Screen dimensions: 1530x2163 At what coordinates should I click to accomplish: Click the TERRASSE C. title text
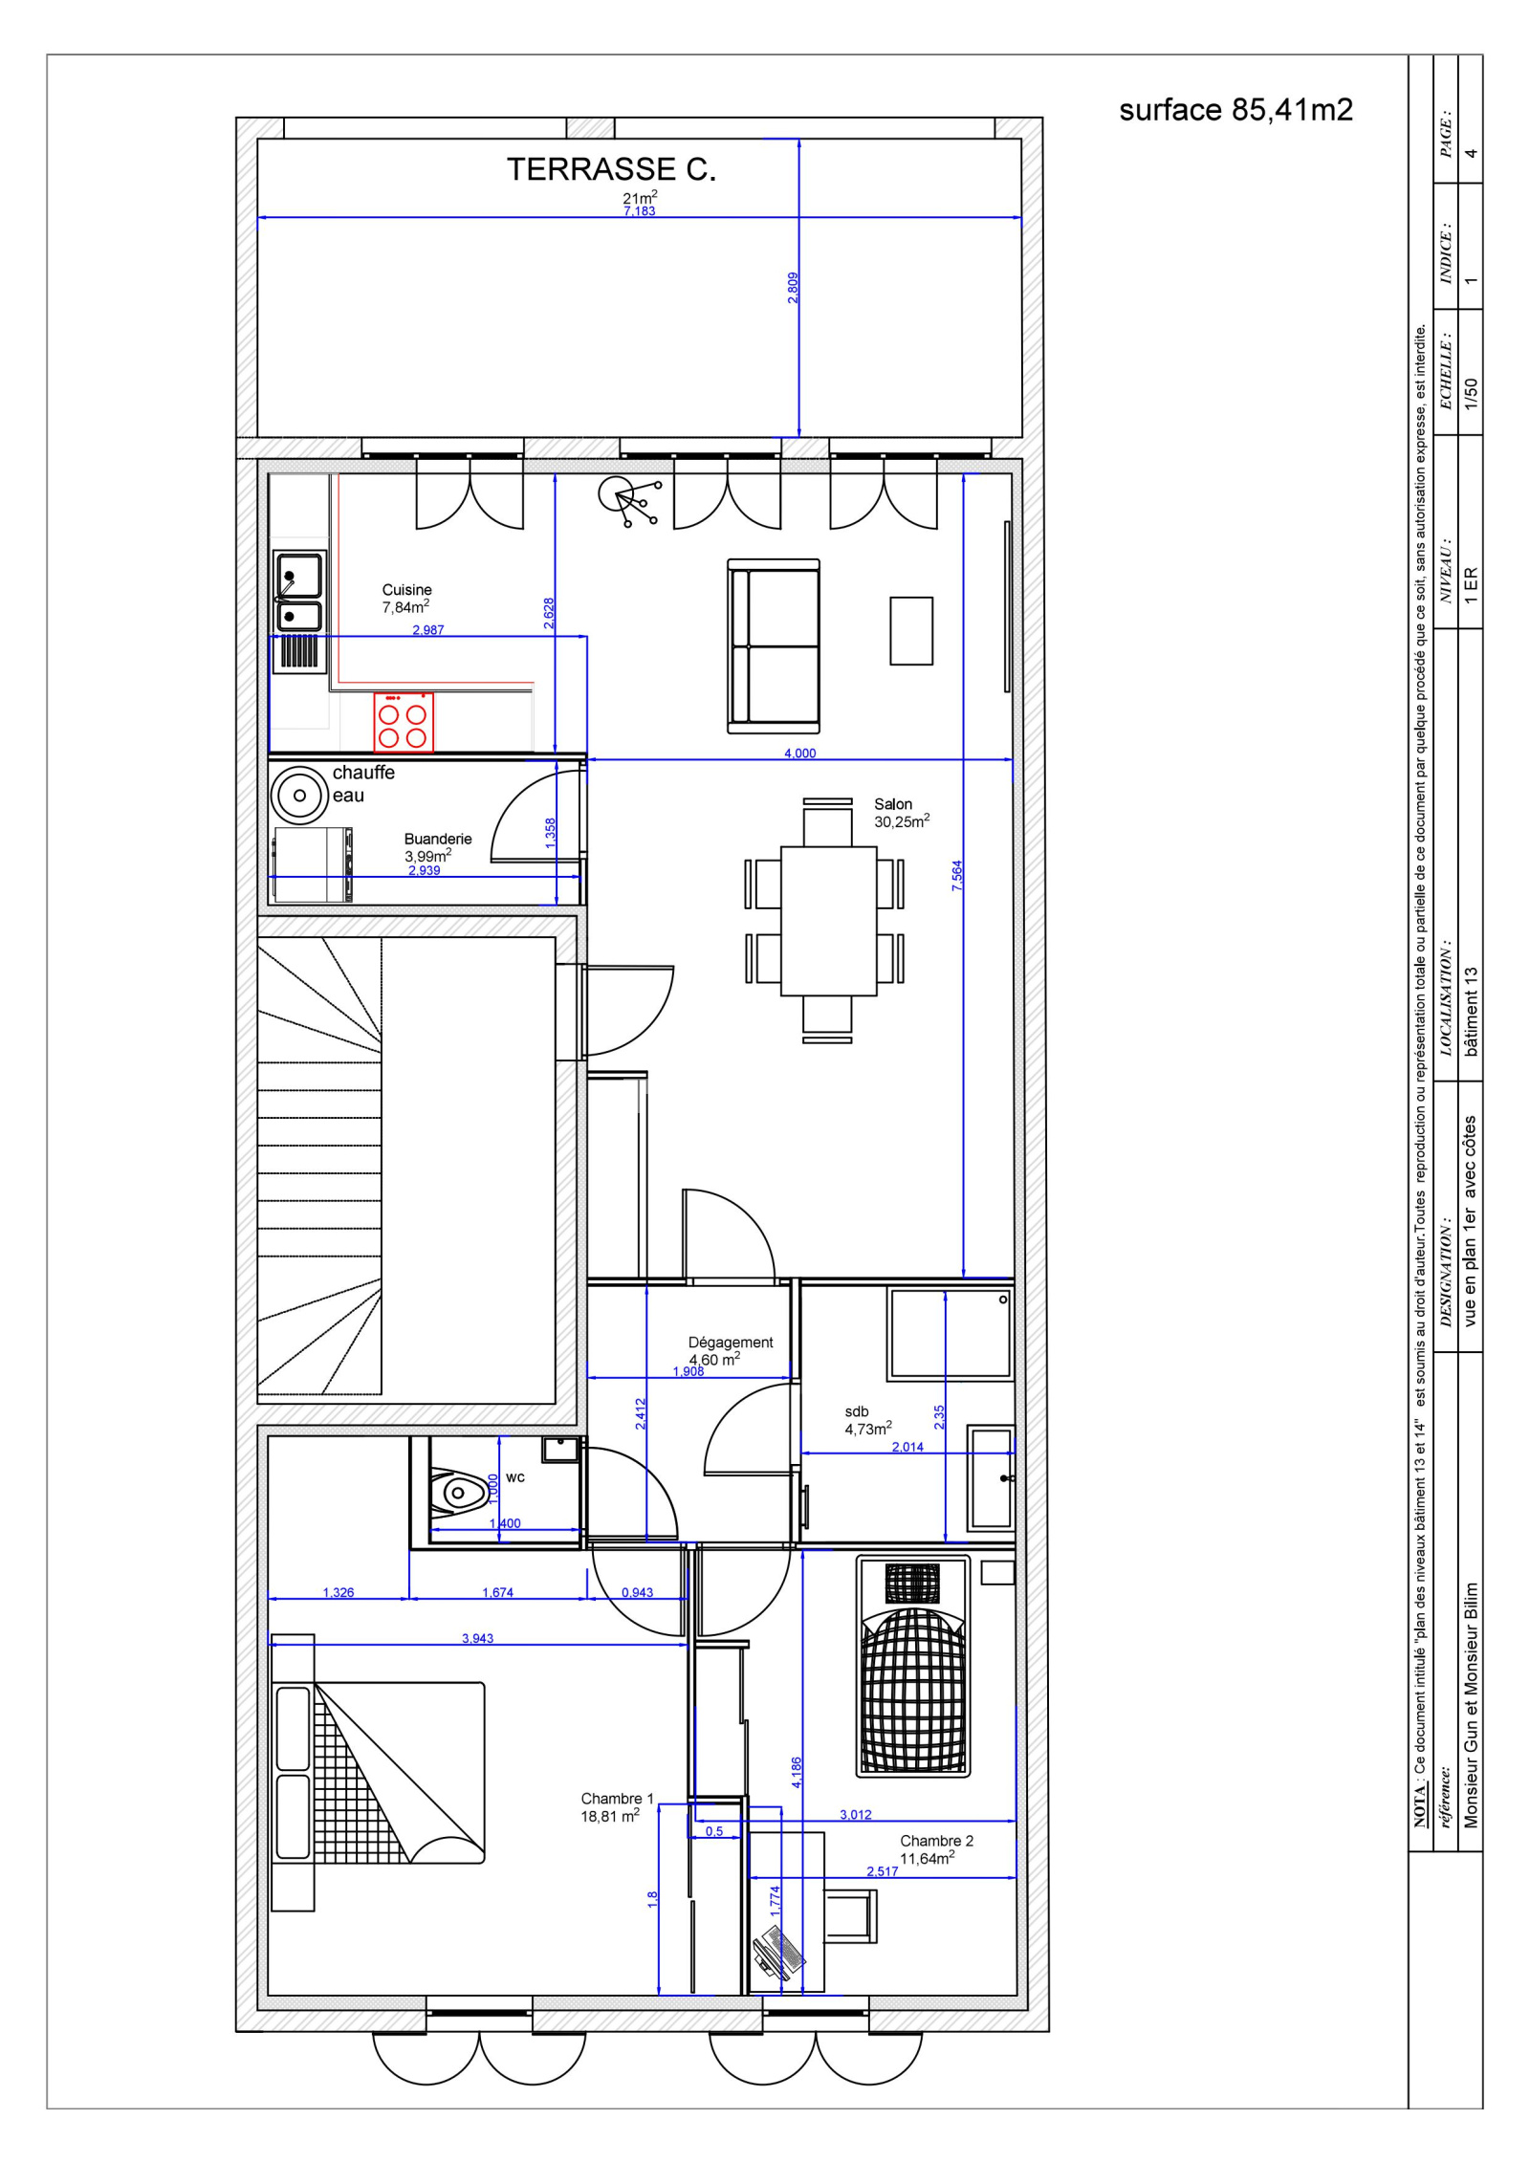pos(611,169)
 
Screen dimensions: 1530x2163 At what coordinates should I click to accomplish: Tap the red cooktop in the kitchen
pos(403,722)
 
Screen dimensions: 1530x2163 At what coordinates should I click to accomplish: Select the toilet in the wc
pos(456,1491)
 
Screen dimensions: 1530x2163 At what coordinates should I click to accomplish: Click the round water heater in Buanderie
pos(299,795)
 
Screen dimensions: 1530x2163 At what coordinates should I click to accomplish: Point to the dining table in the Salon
pos(828,921)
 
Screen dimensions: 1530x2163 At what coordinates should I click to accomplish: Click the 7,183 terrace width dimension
pos(639,211)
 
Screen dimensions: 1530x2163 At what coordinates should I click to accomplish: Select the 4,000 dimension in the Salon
pos(800,754)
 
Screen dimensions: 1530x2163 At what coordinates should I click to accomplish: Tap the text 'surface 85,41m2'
pos(1236,110)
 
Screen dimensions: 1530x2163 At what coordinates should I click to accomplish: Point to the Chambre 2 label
pos(936,1841)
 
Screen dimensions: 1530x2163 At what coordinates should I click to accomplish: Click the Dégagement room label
pos(731,1343)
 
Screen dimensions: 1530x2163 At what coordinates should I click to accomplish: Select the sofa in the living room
pos(774,646)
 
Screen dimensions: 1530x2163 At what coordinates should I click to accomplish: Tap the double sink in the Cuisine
pos(299,590)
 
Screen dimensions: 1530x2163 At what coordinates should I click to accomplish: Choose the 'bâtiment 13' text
pos(1471,1012)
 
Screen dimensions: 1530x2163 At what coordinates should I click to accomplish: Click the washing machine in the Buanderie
pos(313,864)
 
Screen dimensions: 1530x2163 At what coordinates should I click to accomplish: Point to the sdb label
pos(857,1411)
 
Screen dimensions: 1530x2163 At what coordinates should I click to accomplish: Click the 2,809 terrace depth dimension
pos(793,288)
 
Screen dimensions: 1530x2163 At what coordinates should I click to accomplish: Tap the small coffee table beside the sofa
pos(911,630)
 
